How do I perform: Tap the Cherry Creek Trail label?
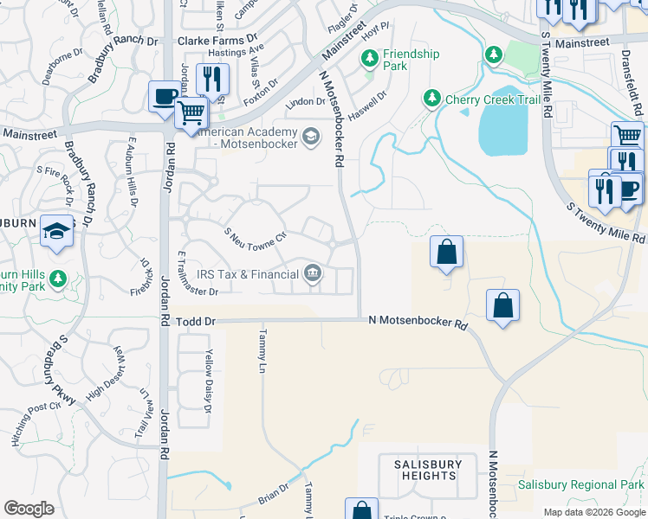point(493,99)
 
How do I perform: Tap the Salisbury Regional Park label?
point(580,485)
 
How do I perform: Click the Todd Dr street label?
point(195,321)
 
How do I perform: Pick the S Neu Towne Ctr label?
point(256,236)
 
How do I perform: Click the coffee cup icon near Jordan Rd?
point(164,97)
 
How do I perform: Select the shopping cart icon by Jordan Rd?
point(191,112)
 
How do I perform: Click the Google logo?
point(29,508)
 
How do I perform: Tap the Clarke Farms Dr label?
point(217,40)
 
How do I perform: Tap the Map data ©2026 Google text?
point(593,512)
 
